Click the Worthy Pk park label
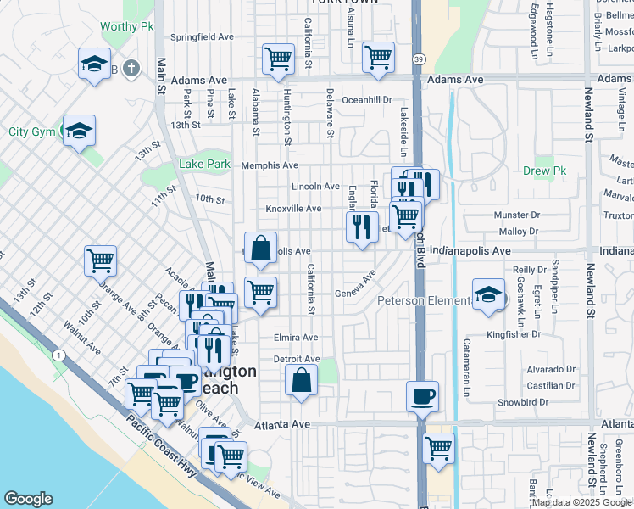(x=126, y=26)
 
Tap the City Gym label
(x=31, y=131)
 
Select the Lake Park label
(x=204, y=165)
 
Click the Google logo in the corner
(x=28, y=499)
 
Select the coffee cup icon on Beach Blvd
(x=422, y=395)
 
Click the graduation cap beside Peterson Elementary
(x=488, y=294)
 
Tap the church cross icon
(x=131, y=67)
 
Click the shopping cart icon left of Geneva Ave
(x=261, y=292)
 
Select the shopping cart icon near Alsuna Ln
(x=378, y=58)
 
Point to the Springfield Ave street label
(x=202, y=37)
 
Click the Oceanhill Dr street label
(x=367, y=99)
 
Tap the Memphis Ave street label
(x=270, y=165)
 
